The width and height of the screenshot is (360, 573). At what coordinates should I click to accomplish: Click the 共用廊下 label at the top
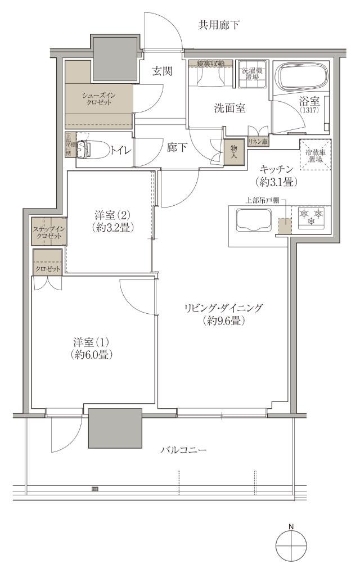[x=219, y=25]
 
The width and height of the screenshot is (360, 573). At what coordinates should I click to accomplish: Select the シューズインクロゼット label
[x=99, y=99]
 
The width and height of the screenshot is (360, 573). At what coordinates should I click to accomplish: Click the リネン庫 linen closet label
[x=258, y=143]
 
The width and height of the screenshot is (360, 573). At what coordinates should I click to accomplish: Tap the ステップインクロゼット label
[x=49, y=232]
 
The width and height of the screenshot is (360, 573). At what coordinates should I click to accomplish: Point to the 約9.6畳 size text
[x=223, y=321]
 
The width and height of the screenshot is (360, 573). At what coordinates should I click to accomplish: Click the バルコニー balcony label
[x=183, y=450]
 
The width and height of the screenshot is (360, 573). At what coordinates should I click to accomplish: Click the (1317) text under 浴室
[x=309, y=110]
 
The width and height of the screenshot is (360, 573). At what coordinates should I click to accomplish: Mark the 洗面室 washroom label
[x=229, y=109]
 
